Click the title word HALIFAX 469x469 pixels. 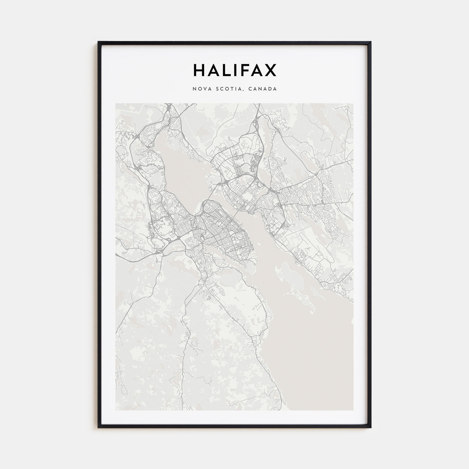click(234, 70)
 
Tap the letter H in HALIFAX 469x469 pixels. click(198, 70)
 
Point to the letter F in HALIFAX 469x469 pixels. click(246, 70)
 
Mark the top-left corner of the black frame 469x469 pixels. click(98, 42)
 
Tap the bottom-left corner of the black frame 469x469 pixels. click(98, 427)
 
